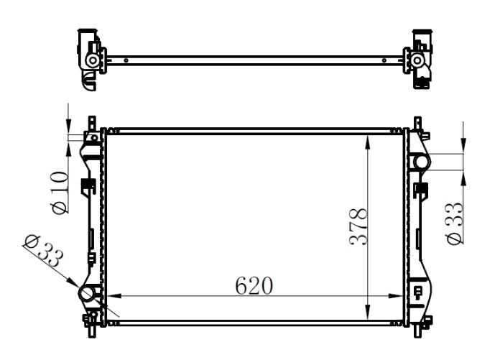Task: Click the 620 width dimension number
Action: point(254,285)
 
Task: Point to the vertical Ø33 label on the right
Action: point(454,223)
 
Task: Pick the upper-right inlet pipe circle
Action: point(420,162)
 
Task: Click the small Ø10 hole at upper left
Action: point(93,138)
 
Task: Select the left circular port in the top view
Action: point(92,62)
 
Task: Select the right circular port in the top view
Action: point(417,62)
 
